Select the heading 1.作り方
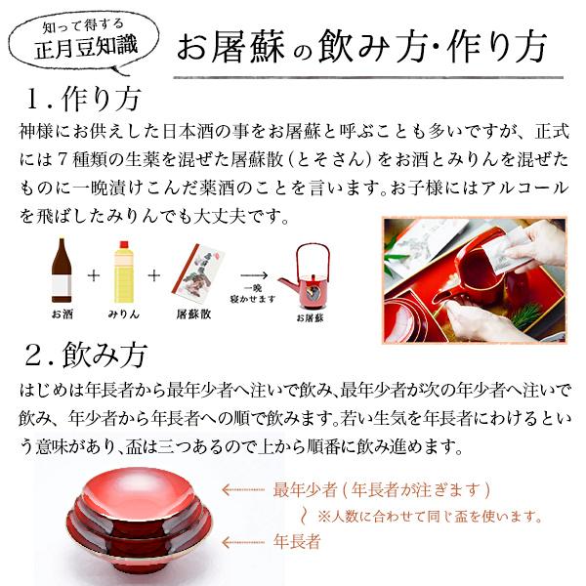(x=84, y=100)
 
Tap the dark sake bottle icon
(x=63, y=272)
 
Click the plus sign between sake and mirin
(x=94, y=275)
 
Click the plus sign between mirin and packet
(x=154, y=275)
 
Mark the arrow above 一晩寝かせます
(x=252, y=276)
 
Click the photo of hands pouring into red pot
(x=474, y=279)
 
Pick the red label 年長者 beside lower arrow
(x=296, y=541)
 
